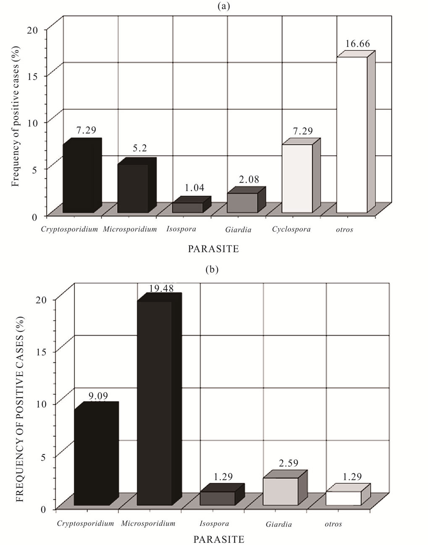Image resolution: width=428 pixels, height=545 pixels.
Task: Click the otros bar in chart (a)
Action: [x=352, y=134]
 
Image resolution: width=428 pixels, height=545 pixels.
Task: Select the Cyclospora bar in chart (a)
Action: [x=297, y=178]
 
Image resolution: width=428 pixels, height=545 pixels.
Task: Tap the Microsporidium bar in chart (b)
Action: [x=155, y=403]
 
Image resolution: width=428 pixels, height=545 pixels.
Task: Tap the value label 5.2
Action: [x=140, y=149]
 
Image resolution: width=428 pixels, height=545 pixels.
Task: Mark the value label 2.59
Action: [x=288, y=464]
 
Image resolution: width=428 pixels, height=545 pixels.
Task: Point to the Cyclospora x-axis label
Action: [x=291, y=229]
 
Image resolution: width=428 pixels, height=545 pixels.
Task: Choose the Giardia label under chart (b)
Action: [x=279, y=524]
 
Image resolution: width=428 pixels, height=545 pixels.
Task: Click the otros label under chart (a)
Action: [x=344, y=229]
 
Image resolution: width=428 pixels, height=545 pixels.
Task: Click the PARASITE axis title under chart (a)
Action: [x=213, y=249]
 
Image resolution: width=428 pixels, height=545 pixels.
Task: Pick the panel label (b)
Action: [x=212, y=270]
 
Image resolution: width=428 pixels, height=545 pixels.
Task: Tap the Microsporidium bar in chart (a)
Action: [x=133, y=188]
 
